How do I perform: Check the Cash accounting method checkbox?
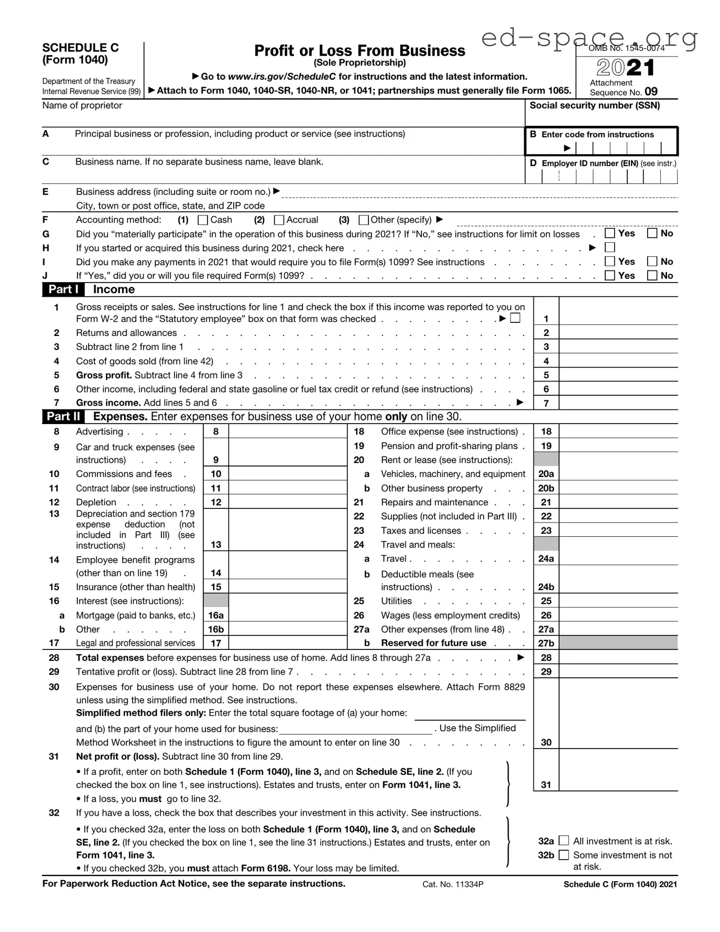[203, 220]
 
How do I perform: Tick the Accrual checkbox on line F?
[279, 220]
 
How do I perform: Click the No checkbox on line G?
[652, 233]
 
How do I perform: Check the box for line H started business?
[609, 247]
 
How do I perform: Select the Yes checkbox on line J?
[609, 275]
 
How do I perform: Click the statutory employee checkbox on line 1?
[516, 318]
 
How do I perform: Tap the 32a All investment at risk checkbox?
[564, 840]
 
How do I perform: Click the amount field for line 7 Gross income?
[618, 403]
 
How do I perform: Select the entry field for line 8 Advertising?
[288, 431]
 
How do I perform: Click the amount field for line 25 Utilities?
[618, 601]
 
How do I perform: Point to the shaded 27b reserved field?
[618, 643]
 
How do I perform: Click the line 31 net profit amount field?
[618, 785]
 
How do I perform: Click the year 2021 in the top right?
[626, 68]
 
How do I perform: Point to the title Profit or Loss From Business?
[359, 51]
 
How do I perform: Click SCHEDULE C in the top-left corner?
[80, 48]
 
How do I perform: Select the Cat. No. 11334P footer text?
[453, 884]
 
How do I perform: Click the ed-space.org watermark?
[589, 38]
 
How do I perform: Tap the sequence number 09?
[651, 92]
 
